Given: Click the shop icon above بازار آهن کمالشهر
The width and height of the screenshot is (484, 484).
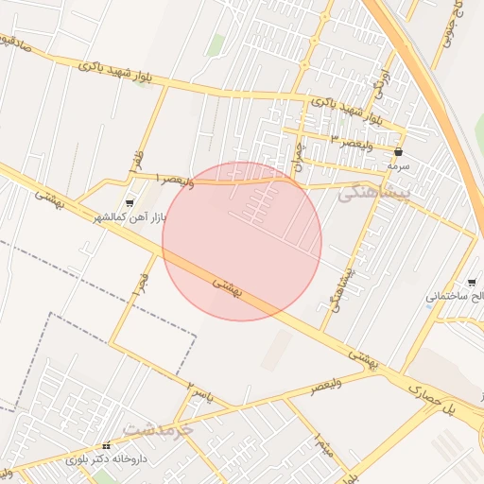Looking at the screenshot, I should click(x=130, y=202).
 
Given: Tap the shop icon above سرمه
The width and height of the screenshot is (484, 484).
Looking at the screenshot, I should click(x=399, y=151).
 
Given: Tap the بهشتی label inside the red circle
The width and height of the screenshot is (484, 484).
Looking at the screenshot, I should click(x=227, y=287).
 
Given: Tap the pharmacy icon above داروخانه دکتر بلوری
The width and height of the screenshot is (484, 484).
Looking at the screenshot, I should click(x=106, y=445).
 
